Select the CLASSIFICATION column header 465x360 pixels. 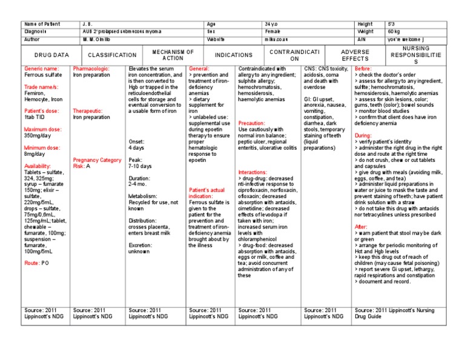coord(112,55)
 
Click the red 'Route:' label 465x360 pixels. coord(32,264)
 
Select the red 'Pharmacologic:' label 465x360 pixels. coord(91,69)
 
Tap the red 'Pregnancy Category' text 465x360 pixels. coord(97,159)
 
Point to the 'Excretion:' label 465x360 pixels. coord(141,244)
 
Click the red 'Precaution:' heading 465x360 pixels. coord(252,123)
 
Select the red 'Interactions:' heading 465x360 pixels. coord(254,172)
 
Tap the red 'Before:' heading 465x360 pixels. coord(363,69)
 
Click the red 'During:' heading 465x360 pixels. coord(363,135)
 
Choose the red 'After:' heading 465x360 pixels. coord(361,226)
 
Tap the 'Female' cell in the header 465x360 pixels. coord(273,31)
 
